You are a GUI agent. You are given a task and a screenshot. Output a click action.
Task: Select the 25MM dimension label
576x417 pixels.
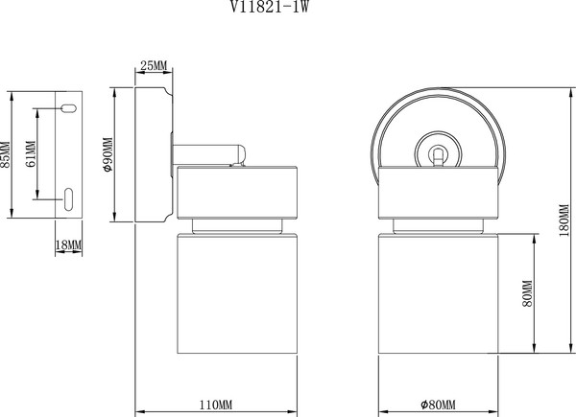point(154,66)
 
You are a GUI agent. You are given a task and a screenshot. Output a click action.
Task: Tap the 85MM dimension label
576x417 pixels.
point(6,154)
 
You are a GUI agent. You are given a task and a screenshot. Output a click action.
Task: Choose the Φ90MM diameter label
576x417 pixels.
point(108,155)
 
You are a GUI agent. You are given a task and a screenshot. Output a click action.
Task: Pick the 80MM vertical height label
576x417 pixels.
point(527,294)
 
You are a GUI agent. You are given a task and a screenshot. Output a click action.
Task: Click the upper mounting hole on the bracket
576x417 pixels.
point(69,107)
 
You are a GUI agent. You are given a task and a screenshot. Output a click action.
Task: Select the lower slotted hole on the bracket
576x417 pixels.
point(69,198)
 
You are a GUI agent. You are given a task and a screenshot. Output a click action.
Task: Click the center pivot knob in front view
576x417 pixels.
point(438,151)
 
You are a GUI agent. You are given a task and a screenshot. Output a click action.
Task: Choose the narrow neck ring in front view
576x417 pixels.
point(438,226)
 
